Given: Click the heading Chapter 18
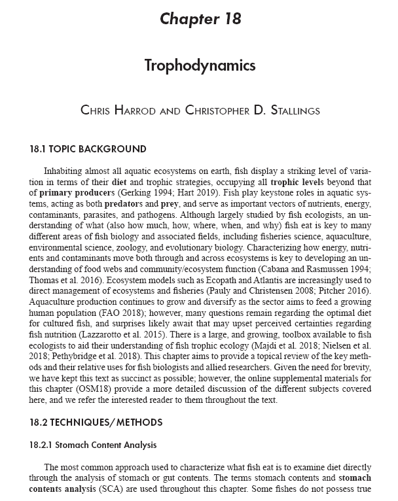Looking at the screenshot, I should pyautogui.click(x=200, y=18).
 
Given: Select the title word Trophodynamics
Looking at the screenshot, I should pyautogui.click(x=200, y=66).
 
